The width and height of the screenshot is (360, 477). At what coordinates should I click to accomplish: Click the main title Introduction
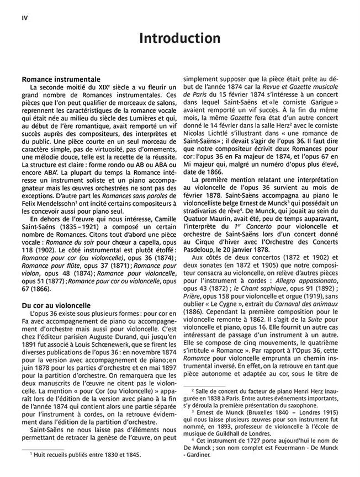tap(179, 39)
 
